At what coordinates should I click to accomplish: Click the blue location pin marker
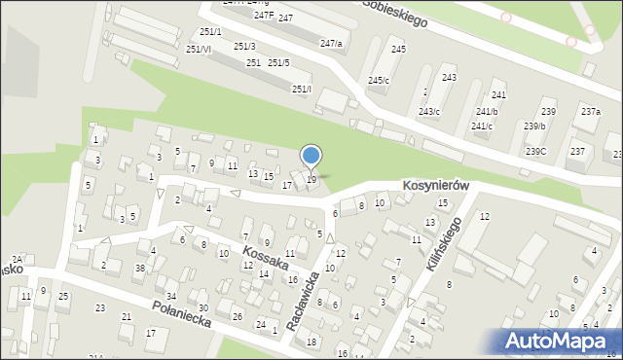pos(311,156)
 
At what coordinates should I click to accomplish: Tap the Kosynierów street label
pos(436,186)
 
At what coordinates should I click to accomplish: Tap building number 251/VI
pos(198,49)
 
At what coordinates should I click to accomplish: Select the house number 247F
pos(263,17)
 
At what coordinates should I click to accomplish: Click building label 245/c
pos(379,80)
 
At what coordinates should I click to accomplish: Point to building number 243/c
pos(429,111)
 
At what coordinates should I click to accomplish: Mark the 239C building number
pos(535,151)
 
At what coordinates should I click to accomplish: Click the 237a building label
pos(591,112)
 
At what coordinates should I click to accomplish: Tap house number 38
pos(140,268)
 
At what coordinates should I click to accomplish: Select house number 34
pos(171,296)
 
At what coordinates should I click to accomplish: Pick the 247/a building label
pos(331,44)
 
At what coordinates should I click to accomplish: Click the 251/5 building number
pos(278,63)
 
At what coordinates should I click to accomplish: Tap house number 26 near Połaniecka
pos(238,316)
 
